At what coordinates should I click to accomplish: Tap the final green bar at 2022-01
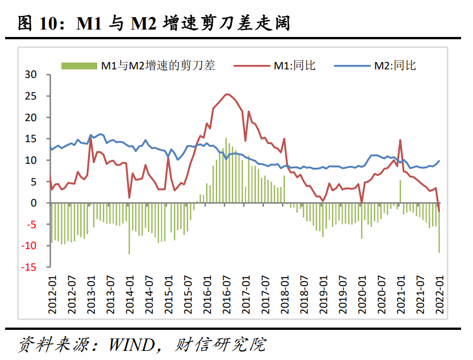click(439, 227)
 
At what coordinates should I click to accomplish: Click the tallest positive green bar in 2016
click(226, 171)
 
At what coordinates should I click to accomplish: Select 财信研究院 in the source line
click(234, 345)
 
